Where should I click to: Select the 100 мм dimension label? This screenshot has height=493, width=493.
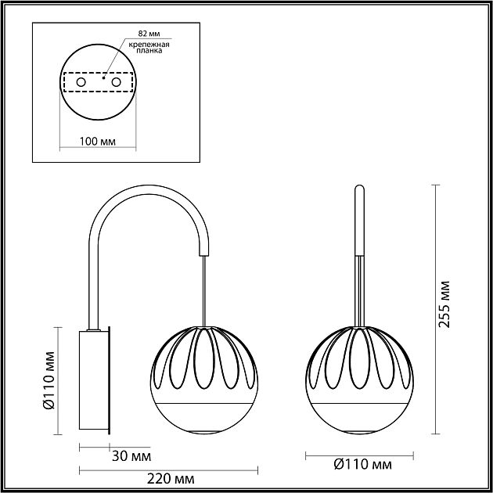pyautogui.click(x=99, y=142)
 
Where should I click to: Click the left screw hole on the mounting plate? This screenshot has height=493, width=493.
pyautogui.click(x=81, y=81)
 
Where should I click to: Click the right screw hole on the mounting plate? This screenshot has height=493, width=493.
pyautogui.click(x=117, y=81)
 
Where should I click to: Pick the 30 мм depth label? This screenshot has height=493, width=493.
pyautogui.click(x=131, y=455)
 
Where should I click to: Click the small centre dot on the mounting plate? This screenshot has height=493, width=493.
pyautogui.click(x=104, y=77)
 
